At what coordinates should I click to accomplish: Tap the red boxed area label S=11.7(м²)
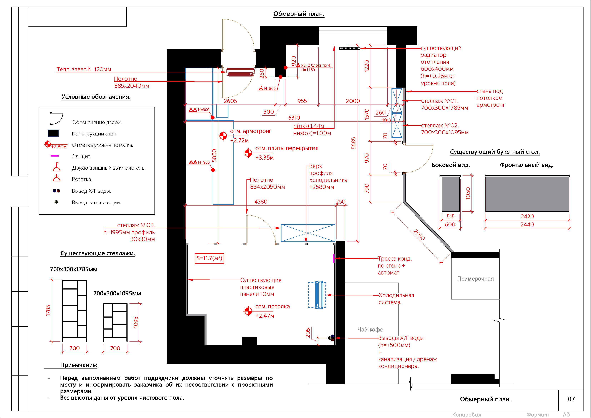pyautogui.click(x=209, y=258)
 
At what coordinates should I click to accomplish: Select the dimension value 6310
pyautogui.click(x=294, y=118)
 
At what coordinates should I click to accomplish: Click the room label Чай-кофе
pyautogui.click(x=370, y=330)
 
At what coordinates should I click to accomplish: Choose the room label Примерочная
pyautogui.click(x=475, y=279)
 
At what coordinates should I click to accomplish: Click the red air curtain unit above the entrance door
pyautogui.click(x=240, y=72)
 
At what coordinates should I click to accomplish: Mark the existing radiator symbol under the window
pyautogui.click(x=350, y=48)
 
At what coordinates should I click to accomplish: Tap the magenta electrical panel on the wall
pyautogui.click(x=334, y=258)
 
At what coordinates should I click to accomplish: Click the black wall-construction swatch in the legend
pyautogui.click(x=53, y=133)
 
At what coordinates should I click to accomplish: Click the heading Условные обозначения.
pyautogui.click(x=96, y=97)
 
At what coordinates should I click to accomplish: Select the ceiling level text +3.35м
pyautogui.click(x=264, y=158)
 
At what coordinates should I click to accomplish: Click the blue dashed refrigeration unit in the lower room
pyautogui.click(x=317, y=295)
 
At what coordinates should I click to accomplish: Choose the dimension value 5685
pyautogui.click(x=353, y=143)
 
